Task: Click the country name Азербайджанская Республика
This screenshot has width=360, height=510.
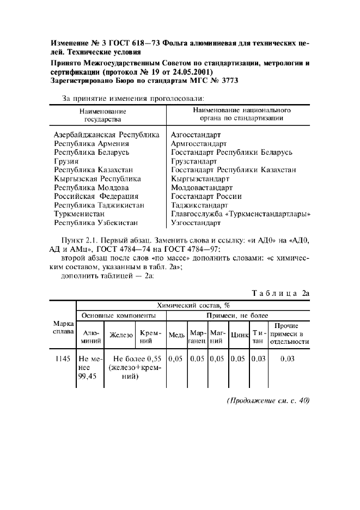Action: pos(107,134)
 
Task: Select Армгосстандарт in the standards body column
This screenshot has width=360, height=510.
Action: pos(199,143)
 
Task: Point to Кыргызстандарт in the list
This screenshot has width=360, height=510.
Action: pos(200,178)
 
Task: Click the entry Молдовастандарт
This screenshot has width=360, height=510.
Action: pos(202,187)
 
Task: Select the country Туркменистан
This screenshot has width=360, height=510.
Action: pos(80,214)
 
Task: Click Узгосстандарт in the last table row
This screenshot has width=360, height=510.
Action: pos(196,223)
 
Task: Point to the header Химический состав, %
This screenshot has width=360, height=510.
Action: pos(193,306)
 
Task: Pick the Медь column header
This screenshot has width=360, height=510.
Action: pos(176,335)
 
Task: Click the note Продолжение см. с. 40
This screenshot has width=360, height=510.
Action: pos(267,400)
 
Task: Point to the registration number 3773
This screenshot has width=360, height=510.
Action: pos(228,81)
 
